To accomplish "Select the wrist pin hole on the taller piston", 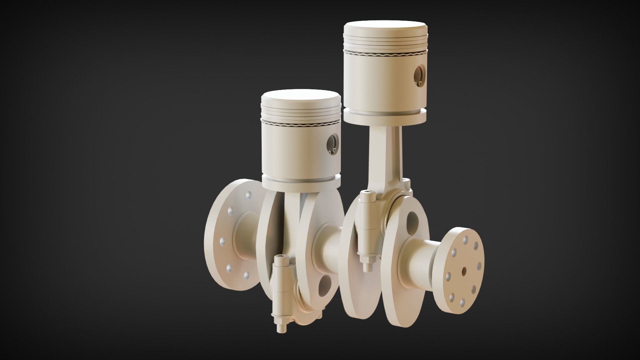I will tap(418, 74).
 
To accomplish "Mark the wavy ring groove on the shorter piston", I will tap(301, 125).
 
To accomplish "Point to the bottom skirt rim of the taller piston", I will tap(385, 115).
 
